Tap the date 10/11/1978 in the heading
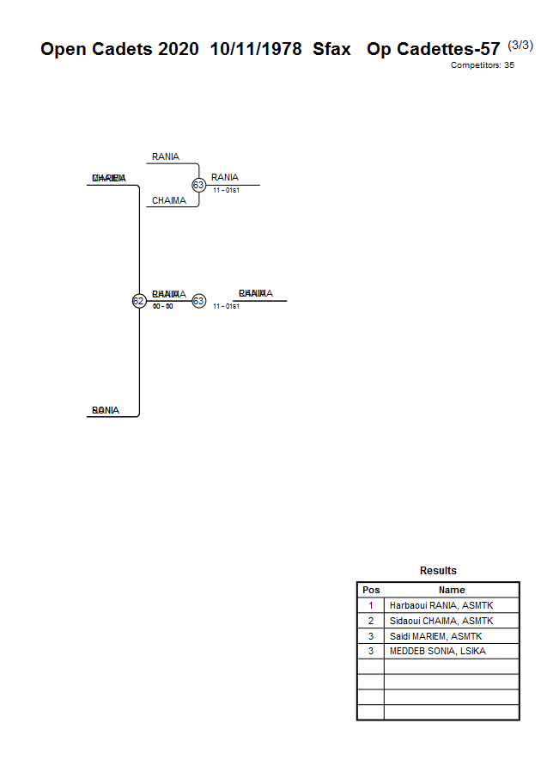pyautogui.click(x=255, y=49)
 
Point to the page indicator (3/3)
pyautogui.click(x=520, y=45)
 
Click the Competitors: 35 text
pyautogui.click(x=483, y=65)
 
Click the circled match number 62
pyautogui.click(x=138, y=301)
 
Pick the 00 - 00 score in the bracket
pyautogui.click(x=162, y=306)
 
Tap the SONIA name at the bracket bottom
pyautogui.click(x=106, y=410)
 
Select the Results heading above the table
pyautogui.click(x=438, y=571)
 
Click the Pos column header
pyautogui.click(x=371, y=590)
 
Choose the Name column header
pyautogui.click(x=452, y=590)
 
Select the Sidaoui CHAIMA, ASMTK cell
pyautogui.click(x=441, y=621)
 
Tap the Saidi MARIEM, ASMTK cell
pyautogui.click(x=435, y=636)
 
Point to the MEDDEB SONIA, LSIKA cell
pyautogui.click(x=437, y=651)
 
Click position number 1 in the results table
pyautogui.click(x=371, y=605)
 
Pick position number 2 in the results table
pyautogui.click(x=371, y=621)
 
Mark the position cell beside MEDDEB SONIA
pyautogui.click(x=371, y=651)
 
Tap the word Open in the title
pyautogui.click(x=64, y=50)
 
